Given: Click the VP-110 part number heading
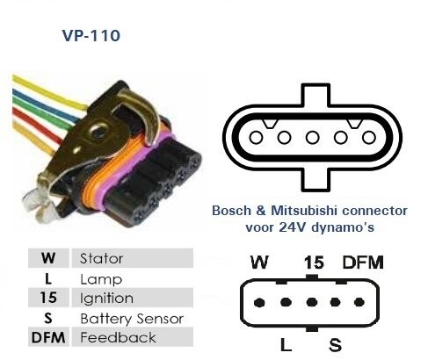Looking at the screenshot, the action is tap(91, 35).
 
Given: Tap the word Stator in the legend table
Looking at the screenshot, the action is tap(101, 258).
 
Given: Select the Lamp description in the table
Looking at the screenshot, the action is tap(101, 279).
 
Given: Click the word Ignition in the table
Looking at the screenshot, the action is tap(106, 299).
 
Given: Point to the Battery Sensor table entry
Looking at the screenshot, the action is tap(132, 319).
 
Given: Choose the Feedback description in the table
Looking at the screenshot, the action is tap(118, 337).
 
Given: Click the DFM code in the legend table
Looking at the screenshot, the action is tap(48, 337).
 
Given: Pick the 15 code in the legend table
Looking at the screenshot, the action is tap(48, 298).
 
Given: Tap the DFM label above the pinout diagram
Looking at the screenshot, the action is tap(363, 263).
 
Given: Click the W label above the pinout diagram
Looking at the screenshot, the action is tap(259, 263).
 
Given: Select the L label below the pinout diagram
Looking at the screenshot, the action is tap(286, 344).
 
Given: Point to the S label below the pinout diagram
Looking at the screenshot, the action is tap(335, 345).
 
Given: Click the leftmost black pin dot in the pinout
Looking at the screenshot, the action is tap(259, 302).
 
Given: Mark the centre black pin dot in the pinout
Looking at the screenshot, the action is tap(311, 302).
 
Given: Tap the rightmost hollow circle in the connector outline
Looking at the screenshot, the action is tap(368, 138).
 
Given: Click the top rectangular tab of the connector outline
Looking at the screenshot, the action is tap(316, 95).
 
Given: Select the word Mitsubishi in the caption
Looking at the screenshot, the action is tap(304, 211).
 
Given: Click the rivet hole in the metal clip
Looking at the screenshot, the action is tap(98, 132).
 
